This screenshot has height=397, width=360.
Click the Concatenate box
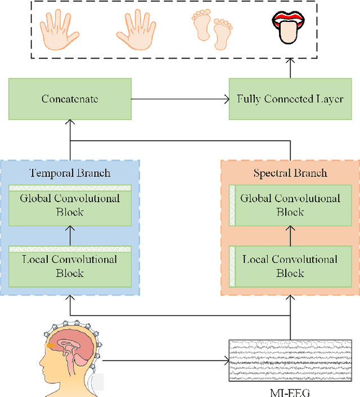pyautogui.click(x=70, y=99)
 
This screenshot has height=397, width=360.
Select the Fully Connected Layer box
pyautogui.click(x=290, y=99)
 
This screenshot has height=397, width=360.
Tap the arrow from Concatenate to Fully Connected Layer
pyautogui.click(x=180, y=99)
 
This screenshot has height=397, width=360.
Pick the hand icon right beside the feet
pyautogui.click(x=136, y=29)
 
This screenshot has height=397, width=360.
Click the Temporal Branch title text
pyautogui.click(x=70, y=173)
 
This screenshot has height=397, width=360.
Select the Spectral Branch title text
pyautogui.click(x=290, y=173)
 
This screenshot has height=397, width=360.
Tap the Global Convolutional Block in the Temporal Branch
pyautogui.click(x=70, y=205)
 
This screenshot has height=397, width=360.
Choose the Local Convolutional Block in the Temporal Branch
pyautogui.click(x=70, y=266)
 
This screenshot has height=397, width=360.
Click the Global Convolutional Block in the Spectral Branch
pyautogui.click(x=290, y=205)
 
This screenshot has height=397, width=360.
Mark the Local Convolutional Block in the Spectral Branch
pyautogui.click(x=290, y=266)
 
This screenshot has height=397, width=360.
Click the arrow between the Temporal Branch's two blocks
pyautogui.click(x=70, y=235)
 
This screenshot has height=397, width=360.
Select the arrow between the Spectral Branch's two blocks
pyautogui.click(x=290, y=235)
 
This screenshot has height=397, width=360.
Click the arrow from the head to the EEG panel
pyautogui.click(x=169, y=360)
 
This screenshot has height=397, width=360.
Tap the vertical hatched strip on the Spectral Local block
pyautogui.click(x=231, y=266)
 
